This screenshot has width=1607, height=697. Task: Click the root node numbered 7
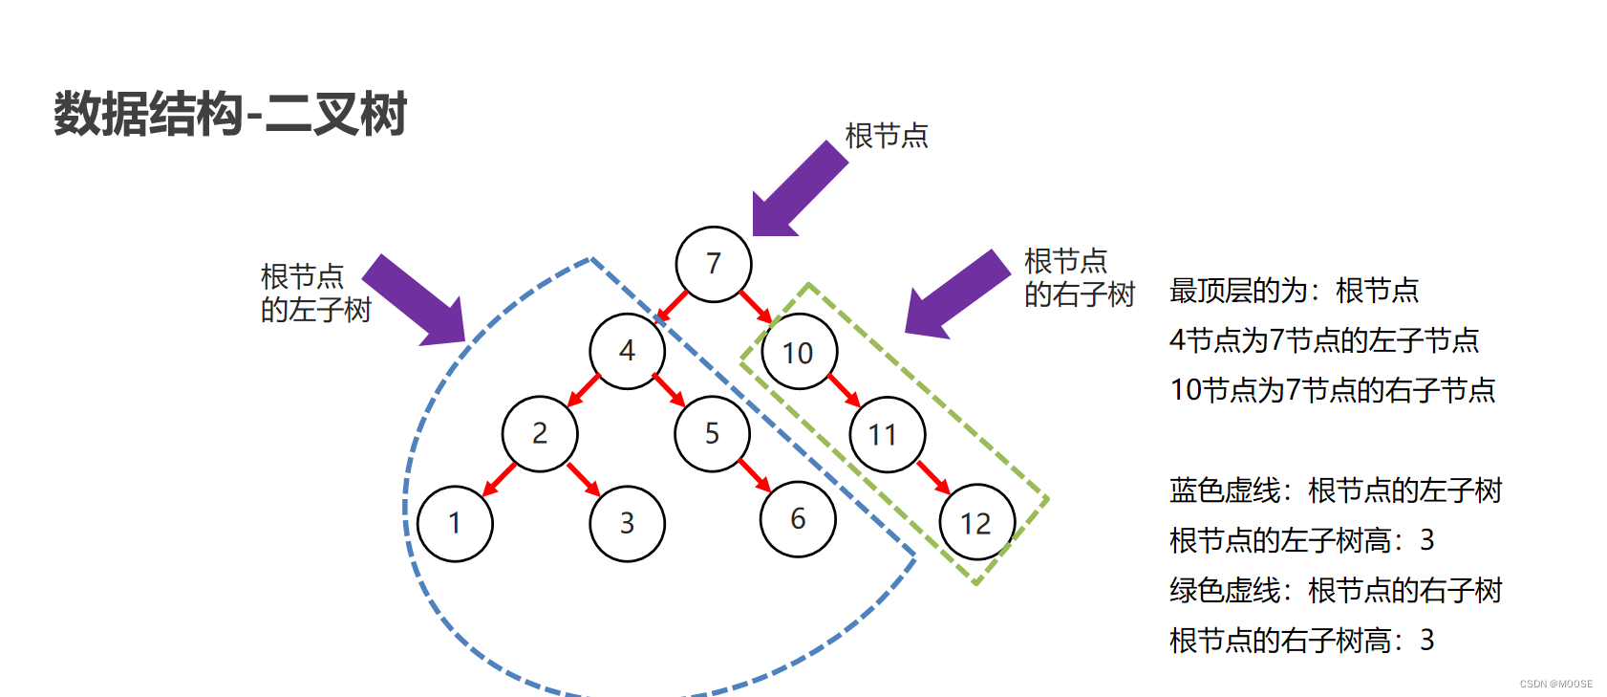(x=714, y=264)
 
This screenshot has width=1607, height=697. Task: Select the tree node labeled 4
(x=627, y=351)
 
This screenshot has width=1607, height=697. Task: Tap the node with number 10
(x=799, y=353)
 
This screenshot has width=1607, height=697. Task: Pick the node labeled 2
(x=540, y=434)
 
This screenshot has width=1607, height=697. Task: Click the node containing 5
(x=712, y=434)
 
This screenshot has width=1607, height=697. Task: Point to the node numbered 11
(x=887, y=435)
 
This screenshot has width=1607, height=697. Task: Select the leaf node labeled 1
(x=455, y=523)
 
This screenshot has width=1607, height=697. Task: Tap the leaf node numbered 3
(x=627, y=524)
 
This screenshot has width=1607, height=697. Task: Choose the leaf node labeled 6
(x=798, y=519)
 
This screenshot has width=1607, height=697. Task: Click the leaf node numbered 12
(x=976, y=523)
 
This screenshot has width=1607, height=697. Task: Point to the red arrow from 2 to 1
(x=499, y=479)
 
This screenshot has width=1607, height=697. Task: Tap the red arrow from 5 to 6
(x=755, y=475)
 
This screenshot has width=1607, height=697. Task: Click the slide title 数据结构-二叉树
(x=230, y=114)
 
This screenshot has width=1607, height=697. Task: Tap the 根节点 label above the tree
(x=887, y=136)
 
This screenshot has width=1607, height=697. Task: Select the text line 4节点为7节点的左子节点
(x=1323, y=340)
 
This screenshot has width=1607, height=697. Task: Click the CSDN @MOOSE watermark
(x=1556, y=684)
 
